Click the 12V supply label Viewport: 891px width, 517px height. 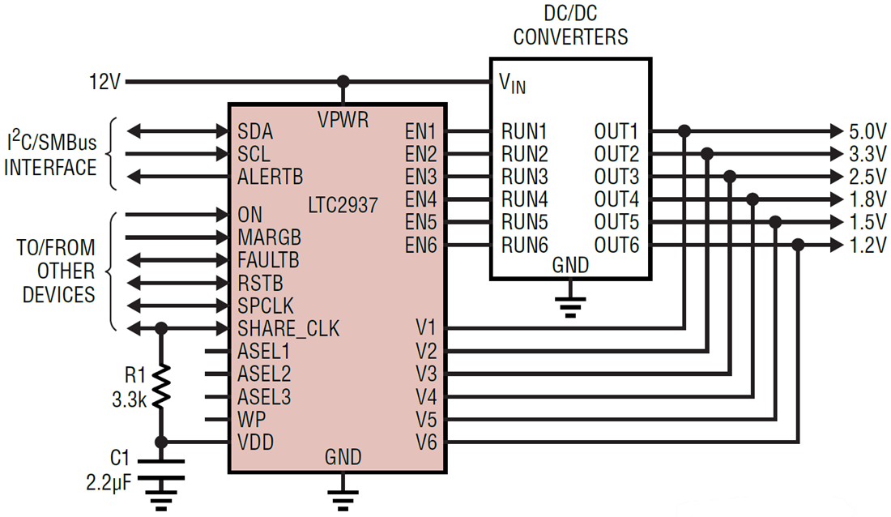point(105,82)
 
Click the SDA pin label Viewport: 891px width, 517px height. point(255,131)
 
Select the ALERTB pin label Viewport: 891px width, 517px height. point(271,177)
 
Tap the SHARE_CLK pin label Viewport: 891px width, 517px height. point(288,329)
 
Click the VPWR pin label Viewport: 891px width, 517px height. point(343,120)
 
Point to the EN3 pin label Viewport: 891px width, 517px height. point(421,177)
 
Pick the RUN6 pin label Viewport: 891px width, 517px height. point(524,245)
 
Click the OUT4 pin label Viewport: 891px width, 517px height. point(616,199)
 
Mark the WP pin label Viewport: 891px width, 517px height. point(251,420)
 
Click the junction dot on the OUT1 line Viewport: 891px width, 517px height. point(684,130)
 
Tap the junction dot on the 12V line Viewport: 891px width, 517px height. point(343,82)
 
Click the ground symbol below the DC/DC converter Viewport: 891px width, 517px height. point(571,305)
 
